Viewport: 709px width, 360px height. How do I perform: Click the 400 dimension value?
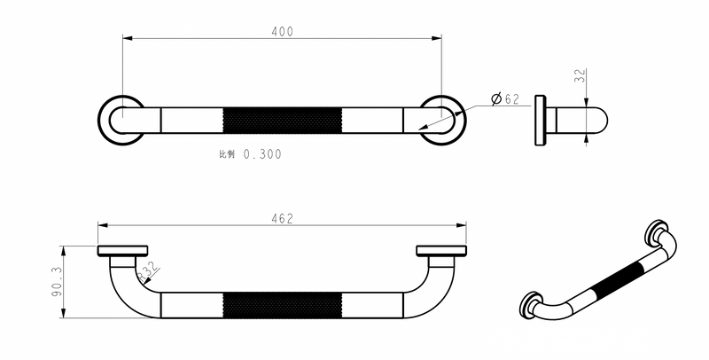click(282, 32)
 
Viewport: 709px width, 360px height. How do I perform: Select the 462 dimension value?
click(283, 219)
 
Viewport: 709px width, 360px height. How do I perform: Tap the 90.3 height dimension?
click(57, 281)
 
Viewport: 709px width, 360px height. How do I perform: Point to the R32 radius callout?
click(148, 272)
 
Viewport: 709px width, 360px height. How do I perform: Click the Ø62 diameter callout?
click(505, 98)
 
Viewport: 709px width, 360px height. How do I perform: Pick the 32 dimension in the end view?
click(580, 75)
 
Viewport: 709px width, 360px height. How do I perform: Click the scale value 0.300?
click(262, 154)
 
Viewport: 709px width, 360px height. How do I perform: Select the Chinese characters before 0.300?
click(227, 154)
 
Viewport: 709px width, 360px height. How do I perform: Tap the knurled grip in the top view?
click(283, 121)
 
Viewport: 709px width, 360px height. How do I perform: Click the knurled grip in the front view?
click(283, 305)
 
